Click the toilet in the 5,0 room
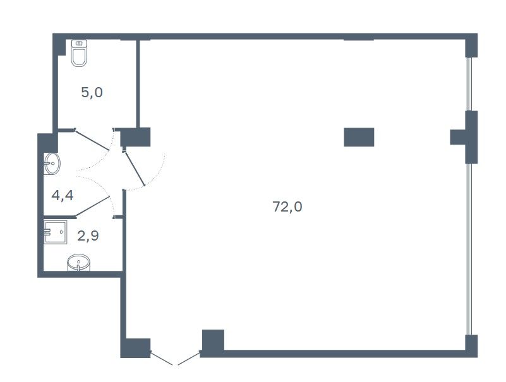(79, 53)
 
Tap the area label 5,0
(92, 93)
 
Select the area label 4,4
(63, 195)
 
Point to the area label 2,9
(88, 236)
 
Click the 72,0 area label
(287, 206)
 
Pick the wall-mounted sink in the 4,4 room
(52, 164)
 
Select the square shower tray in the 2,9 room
(56, 232)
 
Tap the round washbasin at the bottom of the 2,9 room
(78, 262)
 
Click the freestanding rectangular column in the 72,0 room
(359, 137)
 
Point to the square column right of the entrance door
(213, 340)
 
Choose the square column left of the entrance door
(136, 348)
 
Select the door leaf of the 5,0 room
(92, 140)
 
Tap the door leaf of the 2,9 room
(93, 206)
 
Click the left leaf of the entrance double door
(162, 359)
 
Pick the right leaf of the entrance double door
(189, 359)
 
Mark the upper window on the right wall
(469, 84)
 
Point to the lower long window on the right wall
(469, 249)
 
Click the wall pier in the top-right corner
(471, 45)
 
